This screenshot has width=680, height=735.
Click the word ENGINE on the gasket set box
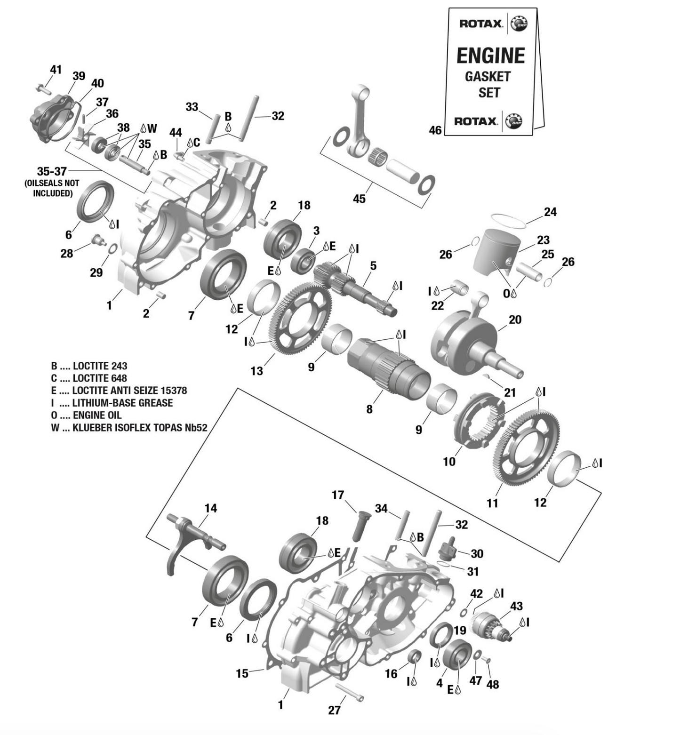click(x=490, y=56)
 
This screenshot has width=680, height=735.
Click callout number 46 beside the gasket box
click(x=435, y=130)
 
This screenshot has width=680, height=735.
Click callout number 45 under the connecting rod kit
click(x=359, y=199)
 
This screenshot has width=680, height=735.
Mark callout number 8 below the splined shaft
click(x=369, y=409)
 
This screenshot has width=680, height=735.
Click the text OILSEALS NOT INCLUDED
click(x=52, y=188)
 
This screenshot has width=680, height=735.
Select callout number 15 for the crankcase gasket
click(x=242, y=673)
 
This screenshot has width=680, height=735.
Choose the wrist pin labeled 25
click(x=528, y=272)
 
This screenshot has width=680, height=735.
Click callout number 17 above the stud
click(x=338, y=495)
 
